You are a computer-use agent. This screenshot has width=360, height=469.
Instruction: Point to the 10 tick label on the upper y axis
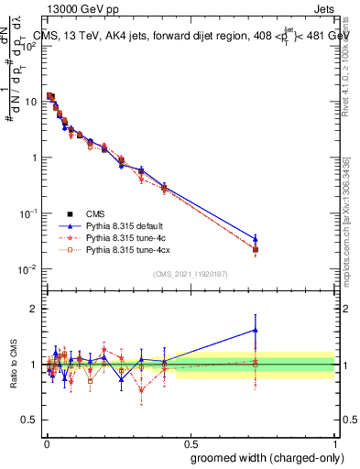point(31,102)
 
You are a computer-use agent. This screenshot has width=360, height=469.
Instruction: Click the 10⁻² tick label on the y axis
point(28,269)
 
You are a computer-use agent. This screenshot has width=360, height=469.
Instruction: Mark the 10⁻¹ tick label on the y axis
point(28,213)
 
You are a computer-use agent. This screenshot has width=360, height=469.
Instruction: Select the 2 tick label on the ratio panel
point(34,310)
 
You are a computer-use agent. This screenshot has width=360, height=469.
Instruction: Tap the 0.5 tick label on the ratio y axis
point(29,420)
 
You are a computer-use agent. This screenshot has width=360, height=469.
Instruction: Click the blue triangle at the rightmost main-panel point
point(256,238)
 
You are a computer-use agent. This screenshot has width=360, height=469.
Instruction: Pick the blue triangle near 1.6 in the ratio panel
point(256,330)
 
